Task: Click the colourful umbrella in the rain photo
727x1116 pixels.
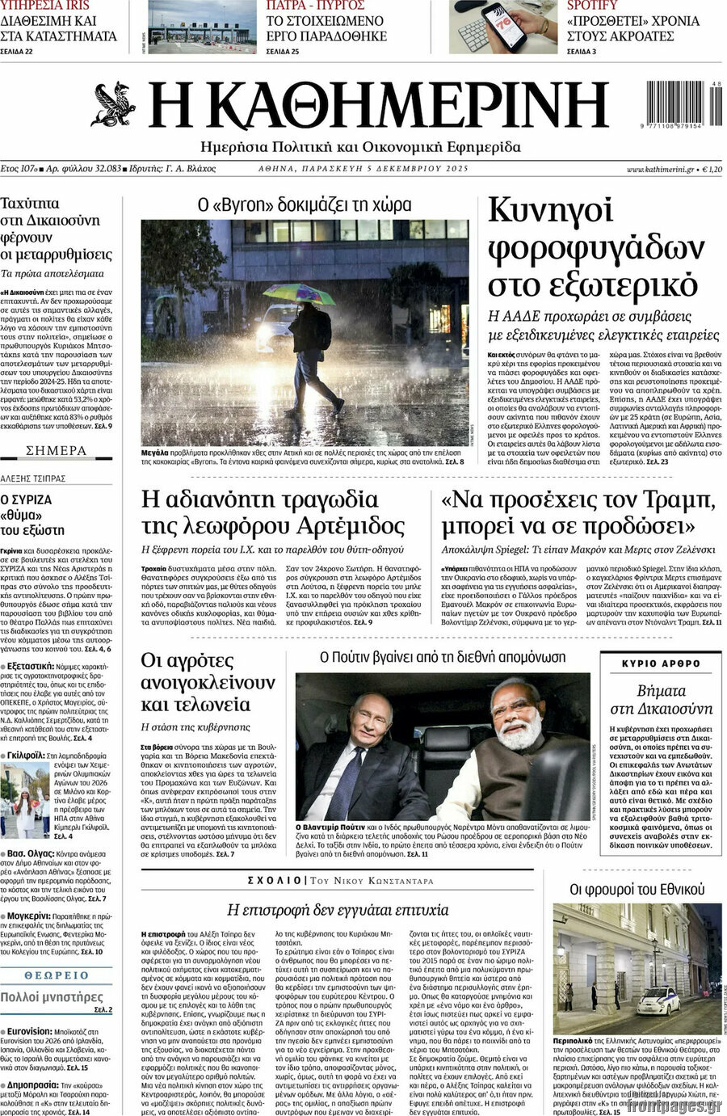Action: [298, 293]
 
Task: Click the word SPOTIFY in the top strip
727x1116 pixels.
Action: [592, 6]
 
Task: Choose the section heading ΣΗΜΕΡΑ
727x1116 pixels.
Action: [57, 450]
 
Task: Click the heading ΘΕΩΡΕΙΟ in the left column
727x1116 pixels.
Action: [57, 975]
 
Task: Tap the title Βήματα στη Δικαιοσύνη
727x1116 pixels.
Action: [662, 700]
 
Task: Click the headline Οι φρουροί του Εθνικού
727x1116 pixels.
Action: [632, 889]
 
